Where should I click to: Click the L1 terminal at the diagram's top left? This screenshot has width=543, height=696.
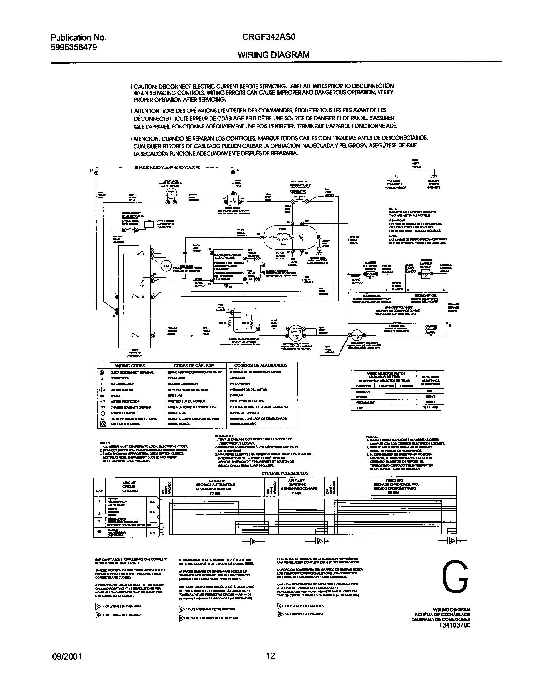click(x=96, y=173)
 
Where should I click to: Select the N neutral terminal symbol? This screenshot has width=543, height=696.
click(x=233, y=173)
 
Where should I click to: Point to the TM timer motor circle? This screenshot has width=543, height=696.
click(x=166, y=266)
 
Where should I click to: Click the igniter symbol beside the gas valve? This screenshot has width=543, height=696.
click(x=371, y=274)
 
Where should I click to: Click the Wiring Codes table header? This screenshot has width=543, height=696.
click(x=130, y=366)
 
